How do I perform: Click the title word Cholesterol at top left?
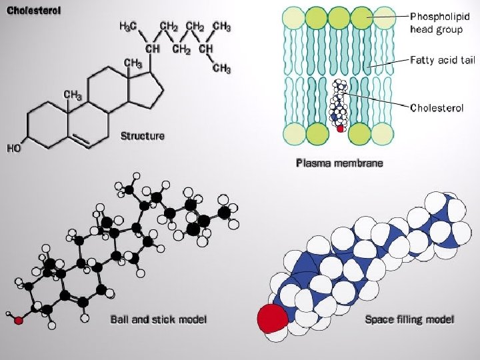tap(34, 11)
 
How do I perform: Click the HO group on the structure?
tap(14, 148)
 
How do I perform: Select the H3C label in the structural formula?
tap(129, 27)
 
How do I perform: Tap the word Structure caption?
tap(142, 136)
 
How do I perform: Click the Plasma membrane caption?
tap(339, 163)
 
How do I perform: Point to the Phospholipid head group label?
tap(435, 22)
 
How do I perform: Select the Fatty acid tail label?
tap(441, 60)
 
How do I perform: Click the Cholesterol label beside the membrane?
tap(437, 107)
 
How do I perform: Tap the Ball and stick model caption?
tap(158, 319)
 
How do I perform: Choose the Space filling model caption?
tap(409, 319)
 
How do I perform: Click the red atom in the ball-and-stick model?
tap(19, 320)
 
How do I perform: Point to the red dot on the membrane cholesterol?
tap(341, 129)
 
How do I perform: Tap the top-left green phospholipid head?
tap(293, 17)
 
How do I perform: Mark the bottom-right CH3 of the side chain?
tap(222, 69)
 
